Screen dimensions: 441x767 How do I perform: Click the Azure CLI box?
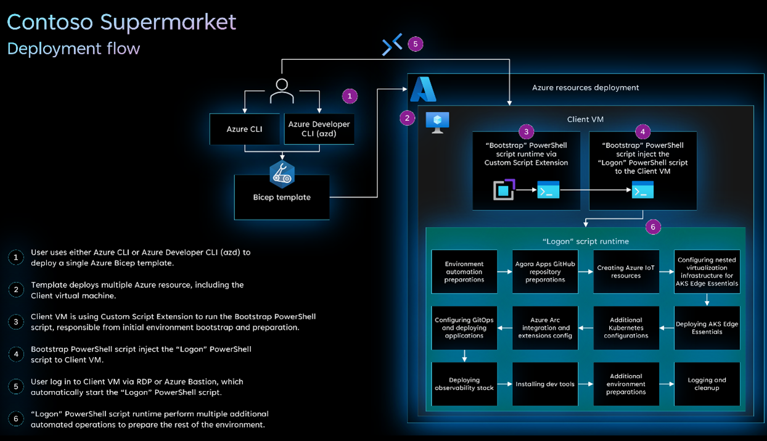pyautogui.click(x=245, y=130)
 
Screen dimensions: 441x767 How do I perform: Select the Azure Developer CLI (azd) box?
pyautogui.click(x=319, y=129)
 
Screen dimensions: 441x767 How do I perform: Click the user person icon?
pyautogui.click(x=282, y=91)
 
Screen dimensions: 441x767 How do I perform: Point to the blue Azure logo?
pyautogui.click(x=424, y=90)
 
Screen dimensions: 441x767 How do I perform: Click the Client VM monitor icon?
pyautogui.click(x=437, y=122)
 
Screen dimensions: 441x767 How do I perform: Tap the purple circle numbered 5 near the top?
pyautogui.click(x=416, y=44)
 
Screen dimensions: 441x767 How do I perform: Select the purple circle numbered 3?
pyautogui.click(x=526, y=131)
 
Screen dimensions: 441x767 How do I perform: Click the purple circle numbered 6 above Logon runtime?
pyautogui.click(x=652, y=227)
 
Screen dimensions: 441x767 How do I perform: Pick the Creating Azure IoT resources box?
pyautogui.click(x=626, y=272)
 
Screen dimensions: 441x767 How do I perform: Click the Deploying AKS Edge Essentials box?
pyautogui.click(x=707, y=328)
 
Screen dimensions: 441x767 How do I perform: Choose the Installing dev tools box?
pyautogui.click(x=545, y=384)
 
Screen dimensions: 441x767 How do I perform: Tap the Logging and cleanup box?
pyautogui.click(x=707, y=384)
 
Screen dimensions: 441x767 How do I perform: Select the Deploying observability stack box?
pyautogui.click(x=464, y=384)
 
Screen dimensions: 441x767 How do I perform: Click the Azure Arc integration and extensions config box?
pyautogui.click(x=545, y=328)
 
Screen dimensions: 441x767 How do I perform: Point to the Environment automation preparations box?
pyautogui.click(x=464, y=272)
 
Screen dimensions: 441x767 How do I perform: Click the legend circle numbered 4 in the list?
pyautogui.click(x=16, y=354)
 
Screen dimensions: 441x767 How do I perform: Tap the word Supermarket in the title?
pyautogui.click(x=168, y=22)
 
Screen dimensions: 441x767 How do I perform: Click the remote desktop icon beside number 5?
pyautogui.click(x=392, y=44)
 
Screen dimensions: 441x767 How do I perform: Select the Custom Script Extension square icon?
pyautogui.click(x=504, y=190)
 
